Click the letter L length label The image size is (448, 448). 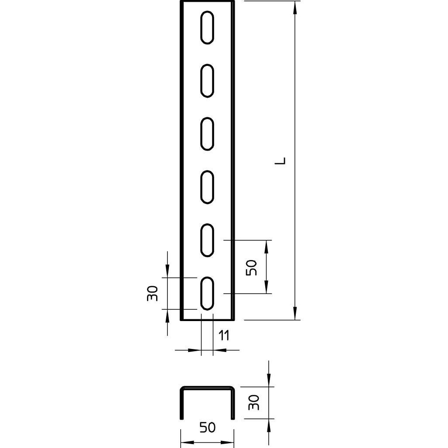click(280, 161)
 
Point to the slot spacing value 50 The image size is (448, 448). click(251, 267)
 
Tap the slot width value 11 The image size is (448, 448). click(224, 335)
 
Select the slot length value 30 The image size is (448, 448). click(153, 294)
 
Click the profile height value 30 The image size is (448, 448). click(254, 403)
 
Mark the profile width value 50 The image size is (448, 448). click(208, 427)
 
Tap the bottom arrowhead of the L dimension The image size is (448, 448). click(295, 313)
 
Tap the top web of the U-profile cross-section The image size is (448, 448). click(207, 388)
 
